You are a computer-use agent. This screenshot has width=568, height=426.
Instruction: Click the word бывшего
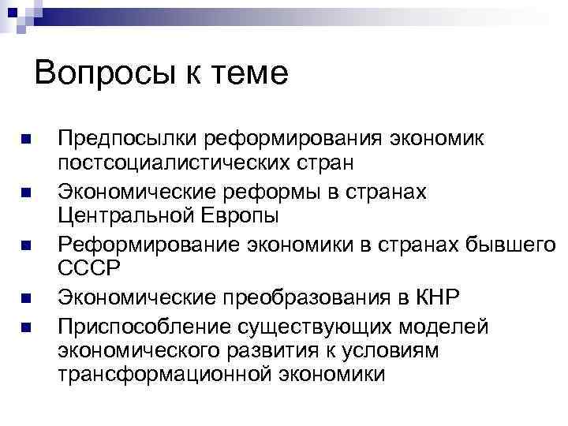[503, 245]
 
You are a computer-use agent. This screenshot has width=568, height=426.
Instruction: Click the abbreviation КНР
[433, 298]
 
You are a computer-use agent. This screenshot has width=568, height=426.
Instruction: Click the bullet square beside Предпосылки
[27, 140]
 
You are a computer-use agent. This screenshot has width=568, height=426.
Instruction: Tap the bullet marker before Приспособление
[27, 326]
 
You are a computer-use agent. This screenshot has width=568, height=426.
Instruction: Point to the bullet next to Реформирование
[27, 245]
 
